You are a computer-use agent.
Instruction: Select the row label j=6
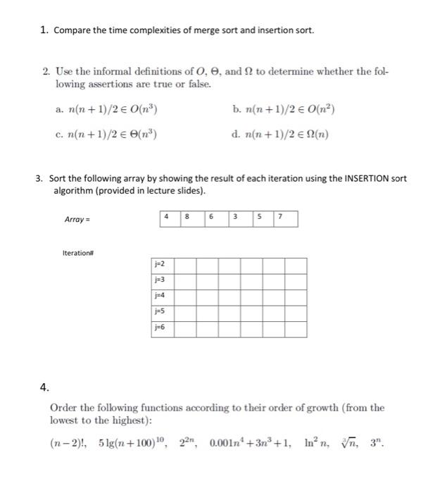click(161, 327)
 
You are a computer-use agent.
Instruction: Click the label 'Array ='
click(77, 220)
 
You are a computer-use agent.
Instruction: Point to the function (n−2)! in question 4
click(70, 444)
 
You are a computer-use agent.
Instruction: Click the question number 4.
click(44, 386)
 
